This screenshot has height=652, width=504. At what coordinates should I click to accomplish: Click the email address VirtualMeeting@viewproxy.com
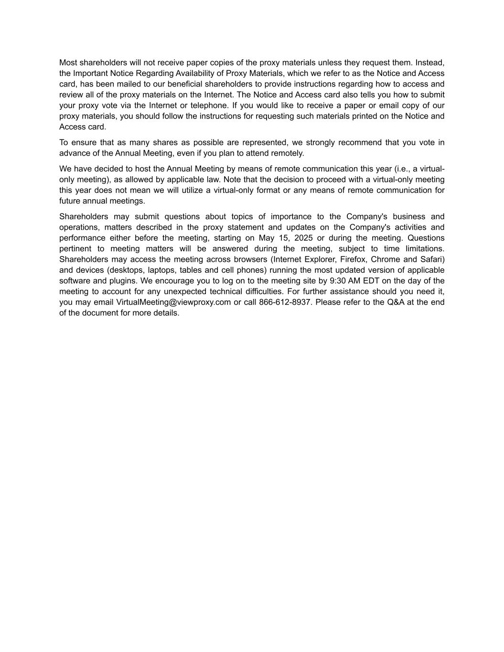coord(173,302)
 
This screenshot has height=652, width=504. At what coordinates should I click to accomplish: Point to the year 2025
coord(304,238)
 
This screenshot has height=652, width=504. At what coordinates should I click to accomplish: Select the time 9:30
coord(338,281)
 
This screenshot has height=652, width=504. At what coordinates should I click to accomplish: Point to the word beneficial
coord(180,84)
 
